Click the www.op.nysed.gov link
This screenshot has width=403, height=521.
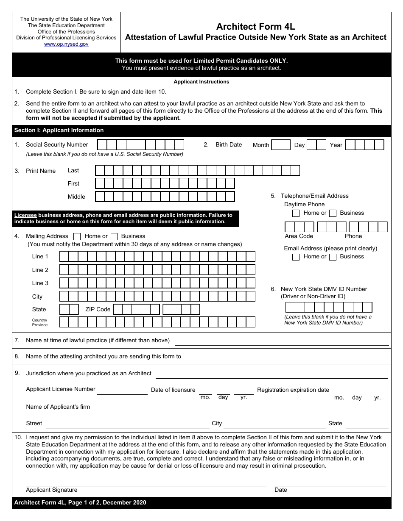point(66,44)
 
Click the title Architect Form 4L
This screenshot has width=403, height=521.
point(255,27)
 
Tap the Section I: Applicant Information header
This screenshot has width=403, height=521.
point(59,130)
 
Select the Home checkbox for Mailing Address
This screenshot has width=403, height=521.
point(77,236)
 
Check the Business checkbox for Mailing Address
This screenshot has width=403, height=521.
point(114,236)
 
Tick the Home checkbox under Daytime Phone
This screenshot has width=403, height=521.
point(296,213)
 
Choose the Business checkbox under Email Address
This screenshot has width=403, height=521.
point(333,257)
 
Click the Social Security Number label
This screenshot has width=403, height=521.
point(57,145)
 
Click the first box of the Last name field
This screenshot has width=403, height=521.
point(100,170)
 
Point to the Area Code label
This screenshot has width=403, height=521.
point(299,236)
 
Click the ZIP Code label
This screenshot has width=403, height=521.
point(98,310)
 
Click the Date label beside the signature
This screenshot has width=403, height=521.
point(280,490)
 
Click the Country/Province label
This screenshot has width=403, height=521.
point(40,322)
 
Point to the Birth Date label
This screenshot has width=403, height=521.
point(229,145)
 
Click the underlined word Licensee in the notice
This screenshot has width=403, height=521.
point(25,215)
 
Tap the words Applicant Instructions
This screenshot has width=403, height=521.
point(201,82)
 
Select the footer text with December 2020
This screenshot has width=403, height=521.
point(80,503)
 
